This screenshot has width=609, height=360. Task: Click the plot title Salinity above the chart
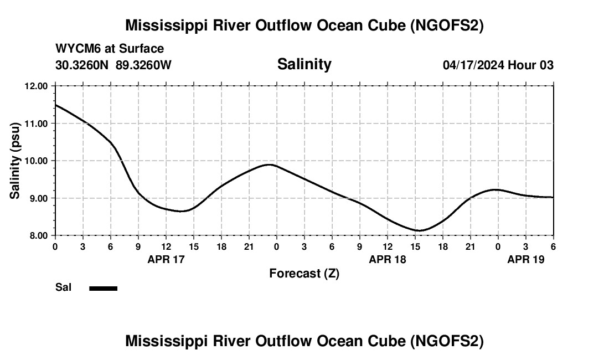[x=304, y=64]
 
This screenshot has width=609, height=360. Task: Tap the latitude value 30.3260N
[x=82, y=65]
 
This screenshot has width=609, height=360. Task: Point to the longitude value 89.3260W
[x=143, y=65]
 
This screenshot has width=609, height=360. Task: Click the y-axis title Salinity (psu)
[x=16, y=161]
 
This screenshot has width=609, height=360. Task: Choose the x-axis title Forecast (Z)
[x=304, y=273]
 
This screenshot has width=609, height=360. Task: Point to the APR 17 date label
[x=166, y=259]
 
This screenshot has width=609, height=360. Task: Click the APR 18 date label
[x=388, y=259]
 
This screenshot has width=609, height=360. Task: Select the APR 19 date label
[x=526, y=259]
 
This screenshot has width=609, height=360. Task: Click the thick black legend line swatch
[x=103, y=288]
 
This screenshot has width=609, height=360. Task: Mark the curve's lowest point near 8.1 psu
[x=419, y=230]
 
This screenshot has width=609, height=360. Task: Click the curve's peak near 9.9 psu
[x=270, y=164]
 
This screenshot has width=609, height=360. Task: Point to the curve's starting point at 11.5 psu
[x=56, y=105]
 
